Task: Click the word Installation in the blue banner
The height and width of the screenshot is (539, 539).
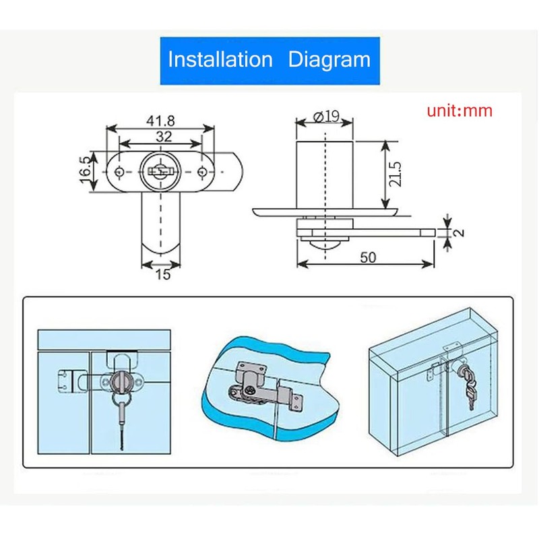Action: tap(220, 59)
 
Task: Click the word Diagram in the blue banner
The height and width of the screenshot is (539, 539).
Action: tap(329, 60)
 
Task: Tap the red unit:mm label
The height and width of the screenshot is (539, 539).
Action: tap(459, 110)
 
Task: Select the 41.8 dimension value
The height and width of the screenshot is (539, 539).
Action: tap(160, 121)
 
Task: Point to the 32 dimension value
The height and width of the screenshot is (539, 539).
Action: tap(164, 137)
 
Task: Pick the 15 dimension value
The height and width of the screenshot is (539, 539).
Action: tap(163, 274)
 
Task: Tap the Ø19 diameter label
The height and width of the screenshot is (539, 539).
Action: tap(327, 117)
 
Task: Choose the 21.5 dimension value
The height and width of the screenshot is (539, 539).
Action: tap(395, 174)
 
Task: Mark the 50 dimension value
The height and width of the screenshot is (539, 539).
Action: tap(368, 257)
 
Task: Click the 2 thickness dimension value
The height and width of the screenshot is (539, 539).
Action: tap(459, 232)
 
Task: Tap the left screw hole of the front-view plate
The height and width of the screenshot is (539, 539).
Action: tap(119, 171)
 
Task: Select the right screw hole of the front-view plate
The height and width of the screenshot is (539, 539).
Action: tap(201, 171)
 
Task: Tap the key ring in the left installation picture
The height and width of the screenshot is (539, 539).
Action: tap(121, 399)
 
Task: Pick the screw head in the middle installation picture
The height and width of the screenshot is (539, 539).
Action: tap(250, 390)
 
